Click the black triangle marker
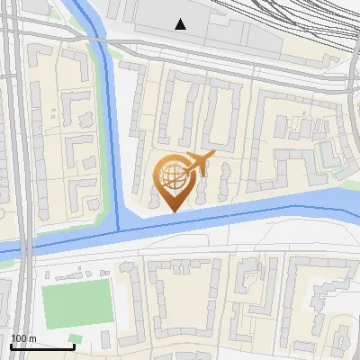point(181,24)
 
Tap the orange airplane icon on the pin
point(197,164)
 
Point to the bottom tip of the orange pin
point(172,211)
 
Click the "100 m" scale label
point(23,337)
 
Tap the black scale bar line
point(42,346)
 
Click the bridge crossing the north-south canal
point(105,54)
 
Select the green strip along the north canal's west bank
point(98,135)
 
